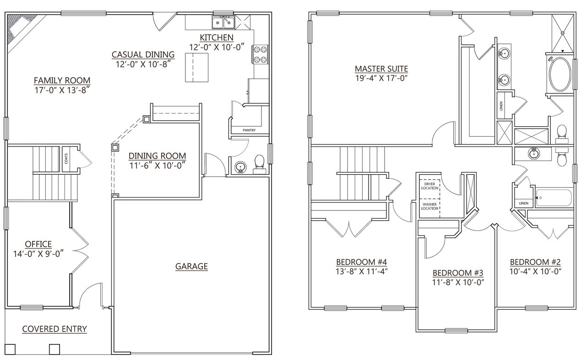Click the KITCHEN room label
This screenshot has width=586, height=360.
[x=217, y=37]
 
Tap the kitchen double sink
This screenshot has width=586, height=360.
[x=223, y=22]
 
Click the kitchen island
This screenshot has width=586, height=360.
[x=197, y=67]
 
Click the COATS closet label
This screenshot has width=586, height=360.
[x=66, y=159]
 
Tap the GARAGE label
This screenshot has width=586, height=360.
[x=191, y=266]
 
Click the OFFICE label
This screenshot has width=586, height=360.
[x=38, y=244]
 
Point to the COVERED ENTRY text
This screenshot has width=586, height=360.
[x=54, y=328]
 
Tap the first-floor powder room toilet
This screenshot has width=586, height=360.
[x=259, y=163]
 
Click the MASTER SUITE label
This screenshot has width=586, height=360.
[x=381, y=69]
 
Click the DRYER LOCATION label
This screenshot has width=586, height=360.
[x=429, y=186]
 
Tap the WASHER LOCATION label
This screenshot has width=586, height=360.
[x=429, y=206]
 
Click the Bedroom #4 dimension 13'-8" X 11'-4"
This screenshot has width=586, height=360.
[x=362, y=271]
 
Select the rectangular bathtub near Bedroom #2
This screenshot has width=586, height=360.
[x=554, y=198]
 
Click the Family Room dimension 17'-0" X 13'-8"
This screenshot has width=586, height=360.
[x=62, y=90]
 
